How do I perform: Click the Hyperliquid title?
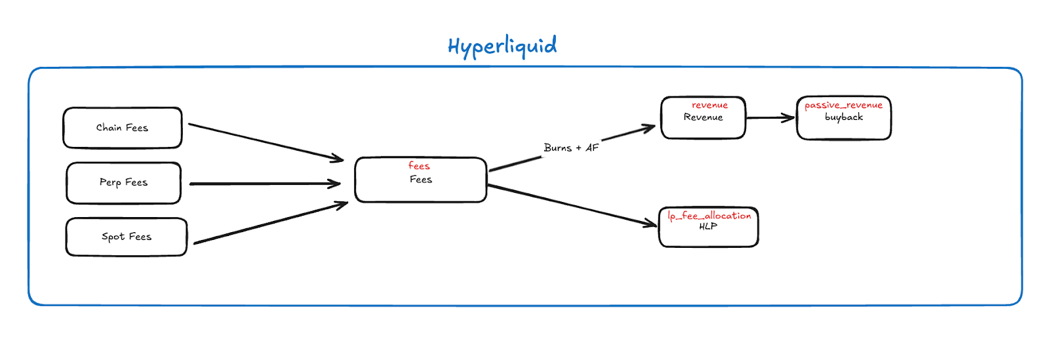click(x=502, y=47)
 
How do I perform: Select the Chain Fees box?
click(x=123, y=128)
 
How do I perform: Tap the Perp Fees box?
click(x=124, y=183)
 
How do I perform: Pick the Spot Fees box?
click(x=127, y=237)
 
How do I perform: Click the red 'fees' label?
click(x=419, y=166)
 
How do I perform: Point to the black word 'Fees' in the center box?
click(x=421, y=179)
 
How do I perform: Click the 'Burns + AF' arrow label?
click(x=571, y=148)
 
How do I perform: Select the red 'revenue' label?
click(x=710, y=106)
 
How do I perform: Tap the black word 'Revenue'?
click(x=703, y=117)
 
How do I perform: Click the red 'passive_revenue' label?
click(x=843, y=106)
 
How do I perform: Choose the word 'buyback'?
click(x=844, y=117)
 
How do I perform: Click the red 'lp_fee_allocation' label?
click(x=709, y=216)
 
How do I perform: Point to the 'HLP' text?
click(x=708, y=227)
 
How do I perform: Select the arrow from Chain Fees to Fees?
click(x=266, y=142)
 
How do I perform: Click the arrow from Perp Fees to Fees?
click(x=265, y=184)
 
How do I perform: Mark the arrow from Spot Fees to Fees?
click(x=271, y=223)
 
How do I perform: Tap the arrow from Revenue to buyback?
click(x=770, y=118)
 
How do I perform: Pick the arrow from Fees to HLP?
click(x=572, y=205)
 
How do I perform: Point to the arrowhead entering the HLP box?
click(x=651, y=224)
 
